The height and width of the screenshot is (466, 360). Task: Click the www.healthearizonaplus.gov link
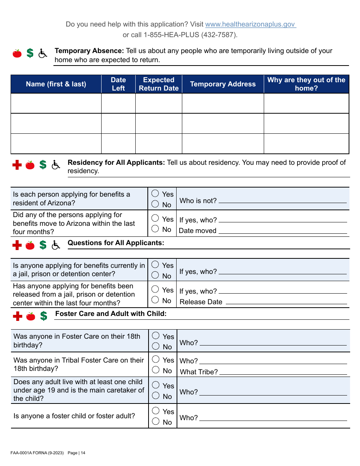pyautogui.click(x=250, y=24)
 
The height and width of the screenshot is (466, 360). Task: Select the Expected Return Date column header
pyautogui.click(x=158, y=84)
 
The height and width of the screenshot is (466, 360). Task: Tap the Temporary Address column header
pyautogui.click(x=223, y=84)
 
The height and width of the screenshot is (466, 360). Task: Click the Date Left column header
pyautogui.click(x=118, y=84)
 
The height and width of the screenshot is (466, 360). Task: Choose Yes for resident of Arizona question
pyautogui.click(x=155, y=194)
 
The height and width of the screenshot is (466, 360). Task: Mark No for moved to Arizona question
pyautogui.click(x=155, y=229)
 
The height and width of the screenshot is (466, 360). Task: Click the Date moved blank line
pyautogui.click(x=283, y=231)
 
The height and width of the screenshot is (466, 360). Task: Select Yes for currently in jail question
pyautogui.click(x=155, y=265)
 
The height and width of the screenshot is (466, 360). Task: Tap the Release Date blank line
pyautogui.click(x=286, y=302)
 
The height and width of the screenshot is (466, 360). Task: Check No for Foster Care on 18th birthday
pyautogui.click(x=156, y=346)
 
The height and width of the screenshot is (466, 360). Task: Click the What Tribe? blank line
pyautogui.click(x=283, y=372)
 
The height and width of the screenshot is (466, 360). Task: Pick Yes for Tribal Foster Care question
pyautogui.click(x=156, y=360)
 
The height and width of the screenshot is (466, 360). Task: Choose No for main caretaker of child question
pyautogui.click(x=156, y=396)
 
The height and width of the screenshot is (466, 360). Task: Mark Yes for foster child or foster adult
pyautogui.click(x=156, y=411)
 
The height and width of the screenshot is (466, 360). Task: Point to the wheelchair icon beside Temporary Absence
pyautogui.click(x=43, y=53)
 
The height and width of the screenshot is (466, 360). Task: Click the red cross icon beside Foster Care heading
pyautogui.click(x=17, y=316)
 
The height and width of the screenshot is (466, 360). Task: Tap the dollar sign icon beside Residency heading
pyautogui.click(x=43, y=164)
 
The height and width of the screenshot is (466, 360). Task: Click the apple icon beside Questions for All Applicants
pyautogui.click(x=30, y=246)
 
